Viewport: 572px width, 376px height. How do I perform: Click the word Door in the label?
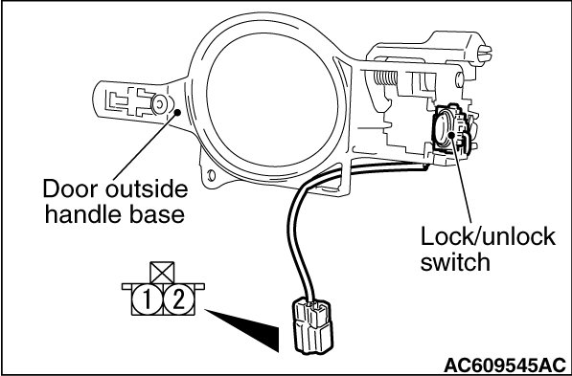(x=70, y=189)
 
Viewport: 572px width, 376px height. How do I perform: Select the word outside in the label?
(x=147, y=189)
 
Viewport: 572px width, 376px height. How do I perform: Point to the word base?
(x=157, y=215)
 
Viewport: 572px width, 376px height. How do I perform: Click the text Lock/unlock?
(x=488, y=236)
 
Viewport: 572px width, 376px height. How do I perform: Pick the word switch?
(x=455, y=262)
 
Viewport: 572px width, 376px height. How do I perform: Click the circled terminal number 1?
(x=147, y=299)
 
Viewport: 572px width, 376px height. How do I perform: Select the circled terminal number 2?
(x=179, y=299)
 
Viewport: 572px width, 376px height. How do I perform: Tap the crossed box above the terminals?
(x=162, y=272)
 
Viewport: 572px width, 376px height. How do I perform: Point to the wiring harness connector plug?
(x=313, y=325)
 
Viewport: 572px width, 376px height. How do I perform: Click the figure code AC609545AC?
(x=505, y=365)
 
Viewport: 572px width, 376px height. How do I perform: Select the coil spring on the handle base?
(x=385, y=77)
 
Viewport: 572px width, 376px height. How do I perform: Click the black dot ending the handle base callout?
(x=177, y=112)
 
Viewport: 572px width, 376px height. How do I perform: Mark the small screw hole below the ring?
(x=211, y=176)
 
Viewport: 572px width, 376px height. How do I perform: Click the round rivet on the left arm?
(x=159, y=105)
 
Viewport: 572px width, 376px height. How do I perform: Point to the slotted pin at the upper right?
(x=485, y=54)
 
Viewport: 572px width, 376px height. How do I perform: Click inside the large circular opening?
(x=272, y=100)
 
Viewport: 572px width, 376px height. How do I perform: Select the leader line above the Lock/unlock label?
(x=462, y=179)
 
